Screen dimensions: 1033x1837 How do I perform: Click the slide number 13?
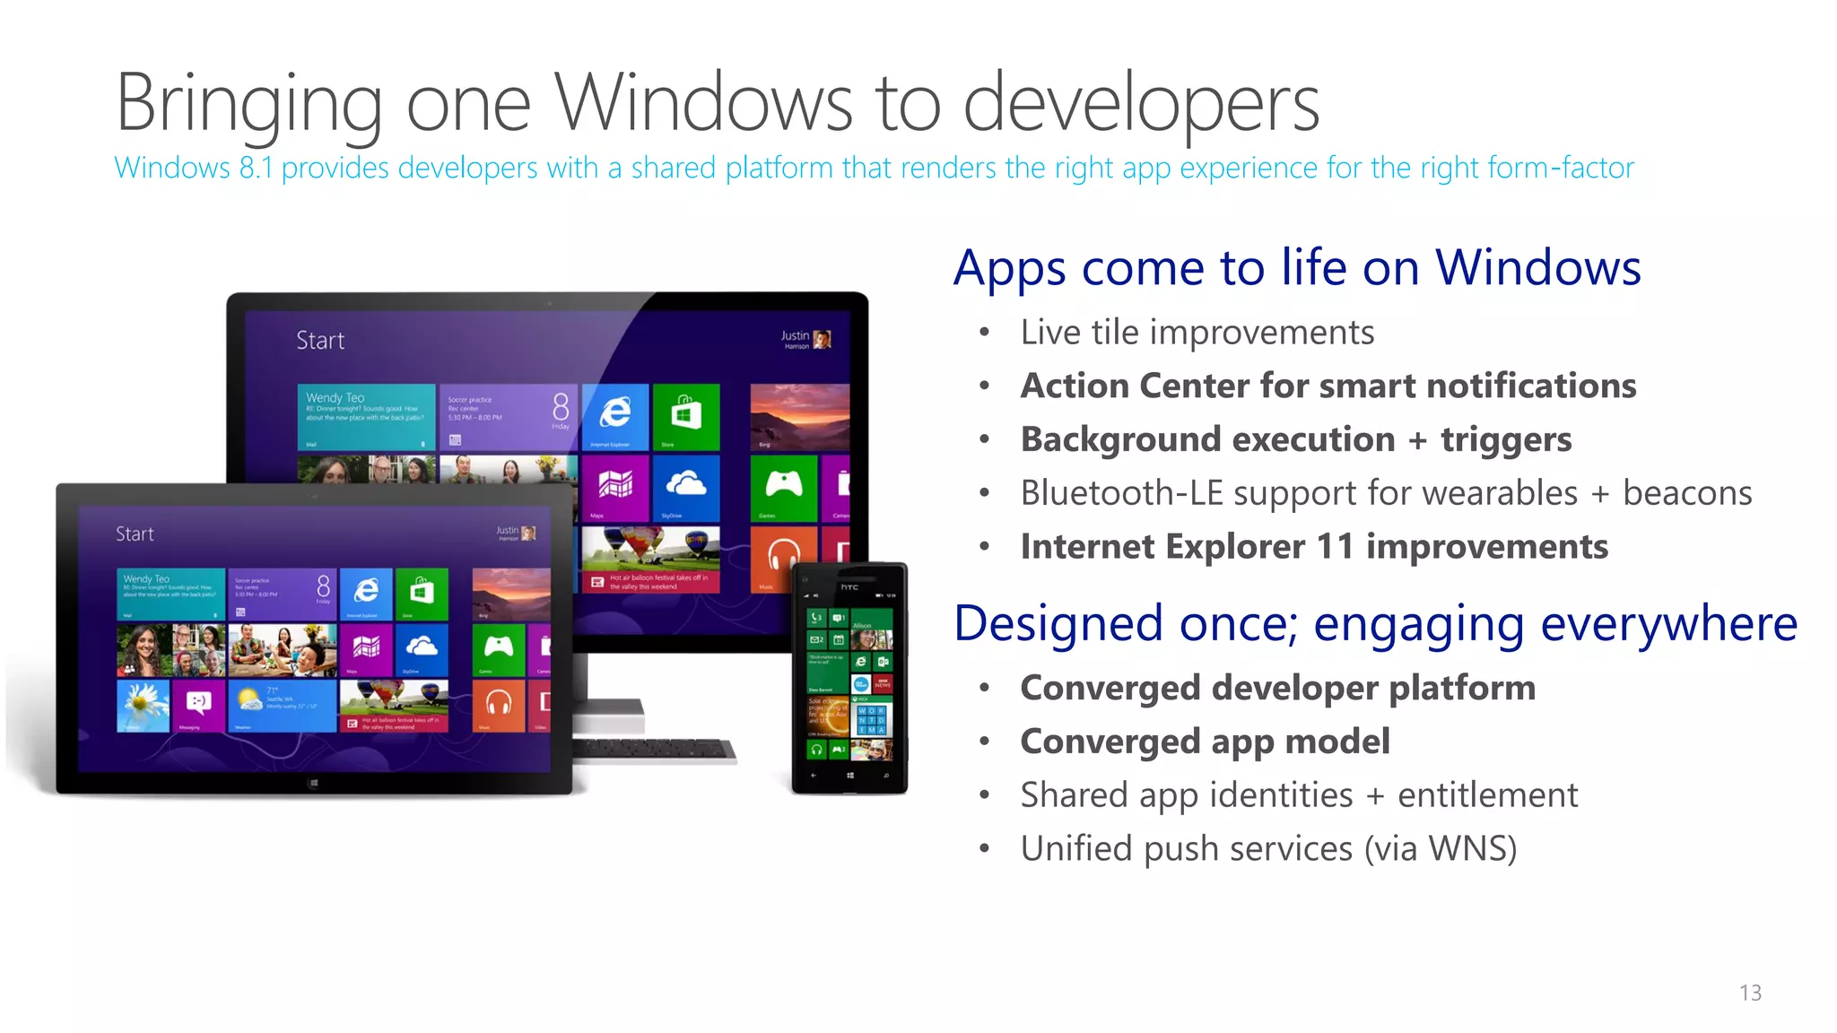1750,993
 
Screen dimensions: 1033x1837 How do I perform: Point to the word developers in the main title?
1140,103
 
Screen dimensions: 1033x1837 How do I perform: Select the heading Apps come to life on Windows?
1297,267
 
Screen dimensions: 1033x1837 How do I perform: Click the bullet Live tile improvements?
1197,333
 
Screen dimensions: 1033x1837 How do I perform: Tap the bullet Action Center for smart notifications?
1328,386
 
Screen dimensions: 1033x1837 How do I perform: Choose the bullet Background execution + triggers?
1295,439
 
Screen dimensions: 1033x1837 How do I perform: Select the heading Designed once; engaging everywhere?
1375,623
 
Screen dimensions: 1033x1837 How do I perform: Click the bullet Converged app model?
1205,742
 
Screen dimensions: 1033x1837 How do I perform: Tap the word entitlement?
1486,795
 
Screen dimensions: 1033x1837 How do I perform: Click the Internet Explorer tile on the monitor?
614,416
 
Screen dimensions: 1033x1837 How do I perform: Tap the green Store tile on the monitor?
686,416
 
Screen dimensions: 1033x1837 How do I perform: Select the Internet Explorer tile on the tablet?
366,593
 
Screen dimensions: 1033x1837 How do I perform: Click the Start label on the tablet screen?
135,534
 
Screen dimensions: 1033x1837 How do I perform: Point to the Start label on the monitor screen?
320,341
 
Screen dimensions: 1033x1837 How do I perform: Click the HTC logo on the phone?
849,587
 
